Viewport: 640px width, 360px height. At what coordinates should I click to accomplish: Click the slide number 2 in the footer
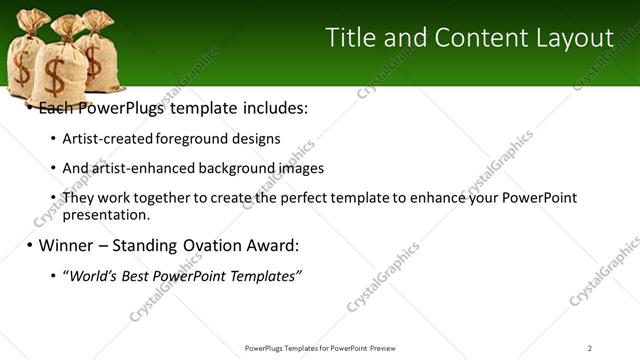pyautogui.click(x=590, y=347)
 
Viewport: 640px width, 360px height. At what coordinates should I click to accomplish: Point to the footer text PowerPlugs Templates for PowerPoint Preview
pyautogui.click(x=319, y=347)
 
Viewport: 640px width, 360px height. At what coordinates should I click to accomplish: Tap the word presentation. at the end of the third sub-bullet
pyautogui.click(x=106, y=214)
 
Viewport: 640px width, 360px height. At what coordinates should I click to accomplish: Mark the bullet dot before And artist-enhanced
pyautogui.click(x=52, y=169)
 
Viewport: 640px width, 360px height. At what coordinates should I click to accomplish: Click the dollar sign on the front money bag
pyautogui.click(x=54, y=73)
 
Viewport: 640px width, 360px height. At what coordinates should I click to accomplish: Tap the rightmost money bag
pyautogui.click(x=100, y=55)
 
